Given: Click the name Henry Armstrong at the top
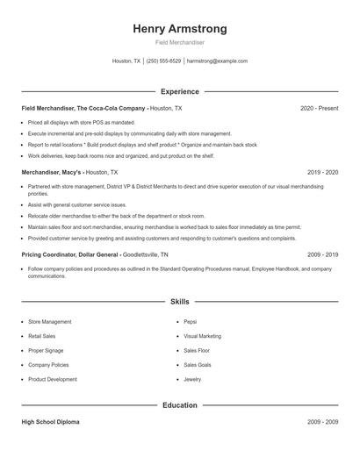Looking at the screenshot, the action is [179, 28].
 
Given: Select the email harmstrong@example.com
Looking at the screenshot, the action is [218, 61].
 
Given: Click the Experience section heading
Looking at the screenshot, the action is [179, 91].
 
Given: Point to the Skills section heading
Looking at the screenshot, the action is [179, 302].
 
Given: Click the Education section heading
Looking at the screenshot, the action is [179, 405].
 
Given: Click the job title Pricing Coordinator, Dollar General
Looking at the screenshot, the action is [70, 254].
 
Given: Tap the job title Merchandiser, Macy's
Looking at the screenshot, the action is [52, 173].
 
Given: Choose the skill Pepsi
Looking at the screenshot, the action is [191, 322].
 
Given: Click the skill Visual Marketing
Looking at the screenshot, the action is [202, 336].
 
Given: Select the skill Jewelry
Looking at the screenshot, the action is [192, 379].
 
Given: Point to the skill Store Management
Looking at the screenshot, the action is [50, 322].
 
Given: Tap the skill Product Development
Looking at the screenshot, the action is [52, 379].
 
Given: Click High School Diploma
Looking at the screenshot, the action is [50, 422].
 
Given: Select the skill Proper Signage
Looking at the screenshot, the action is [46, 350].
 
